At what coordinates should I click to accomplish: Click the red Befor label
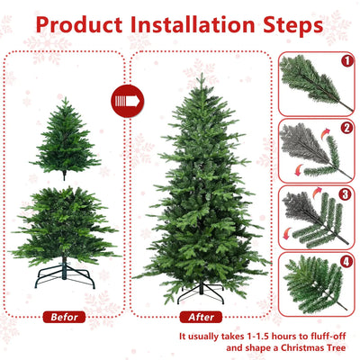(x=66, y=317)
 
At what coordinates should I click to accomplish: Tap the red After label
(x=201, y=317)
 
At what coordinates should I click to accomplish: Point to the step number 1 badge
(x=346, y=63)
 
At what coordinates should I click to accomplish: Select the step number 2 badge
(x=346, y=130)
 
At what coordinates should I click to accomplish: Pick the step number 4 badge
(x=346, y=263)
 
